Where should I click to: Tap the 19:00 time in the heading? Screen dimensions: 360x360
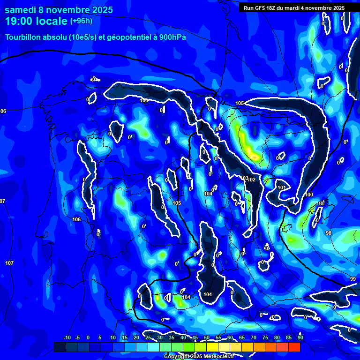click(x=19, y=21)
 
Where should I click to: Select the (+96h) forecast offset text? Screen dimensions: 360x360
click(x=81, y=21)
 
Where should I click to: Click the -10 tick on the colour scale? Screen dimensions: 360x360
click(x=67, y=337)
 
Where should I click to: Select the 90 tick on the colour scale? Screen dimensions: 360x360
click(x=300, y=337)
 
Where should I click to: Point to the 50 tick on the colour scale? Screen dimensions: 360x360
click(x=207, y=337)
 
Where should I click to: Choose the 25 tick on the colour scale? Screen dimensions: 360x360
click(x=148, y=337)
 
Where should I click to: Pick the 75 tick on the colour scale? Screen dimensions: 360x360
click(x=265, y=337)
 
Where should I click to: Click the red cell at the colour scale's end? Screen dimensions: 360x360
click(x=294, y=347)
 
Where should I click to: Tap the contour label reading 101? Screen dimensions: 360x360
click(x=282, y=187)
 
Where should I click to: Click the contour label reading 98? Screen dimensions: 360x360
click(x=328, y=233)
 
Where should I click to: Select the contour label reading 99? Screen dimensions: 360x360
click(x=353, y=279)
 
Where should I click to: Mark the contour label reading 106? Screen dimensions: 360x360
click(x=76, y=219)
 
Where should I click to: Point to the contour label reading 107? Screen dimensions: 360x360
click(x=9, y=262)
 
